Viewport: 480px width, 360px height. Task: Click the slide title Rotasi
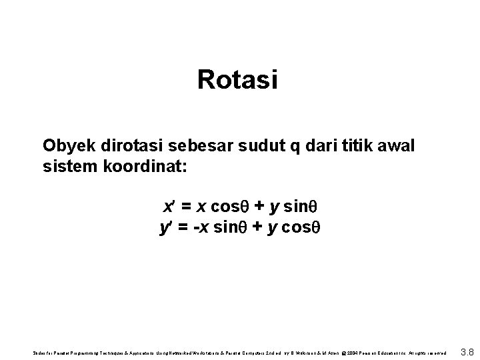[x=237, y=81]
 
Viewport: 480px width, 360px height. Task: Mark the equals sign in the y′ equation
[x=183, y=228]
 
